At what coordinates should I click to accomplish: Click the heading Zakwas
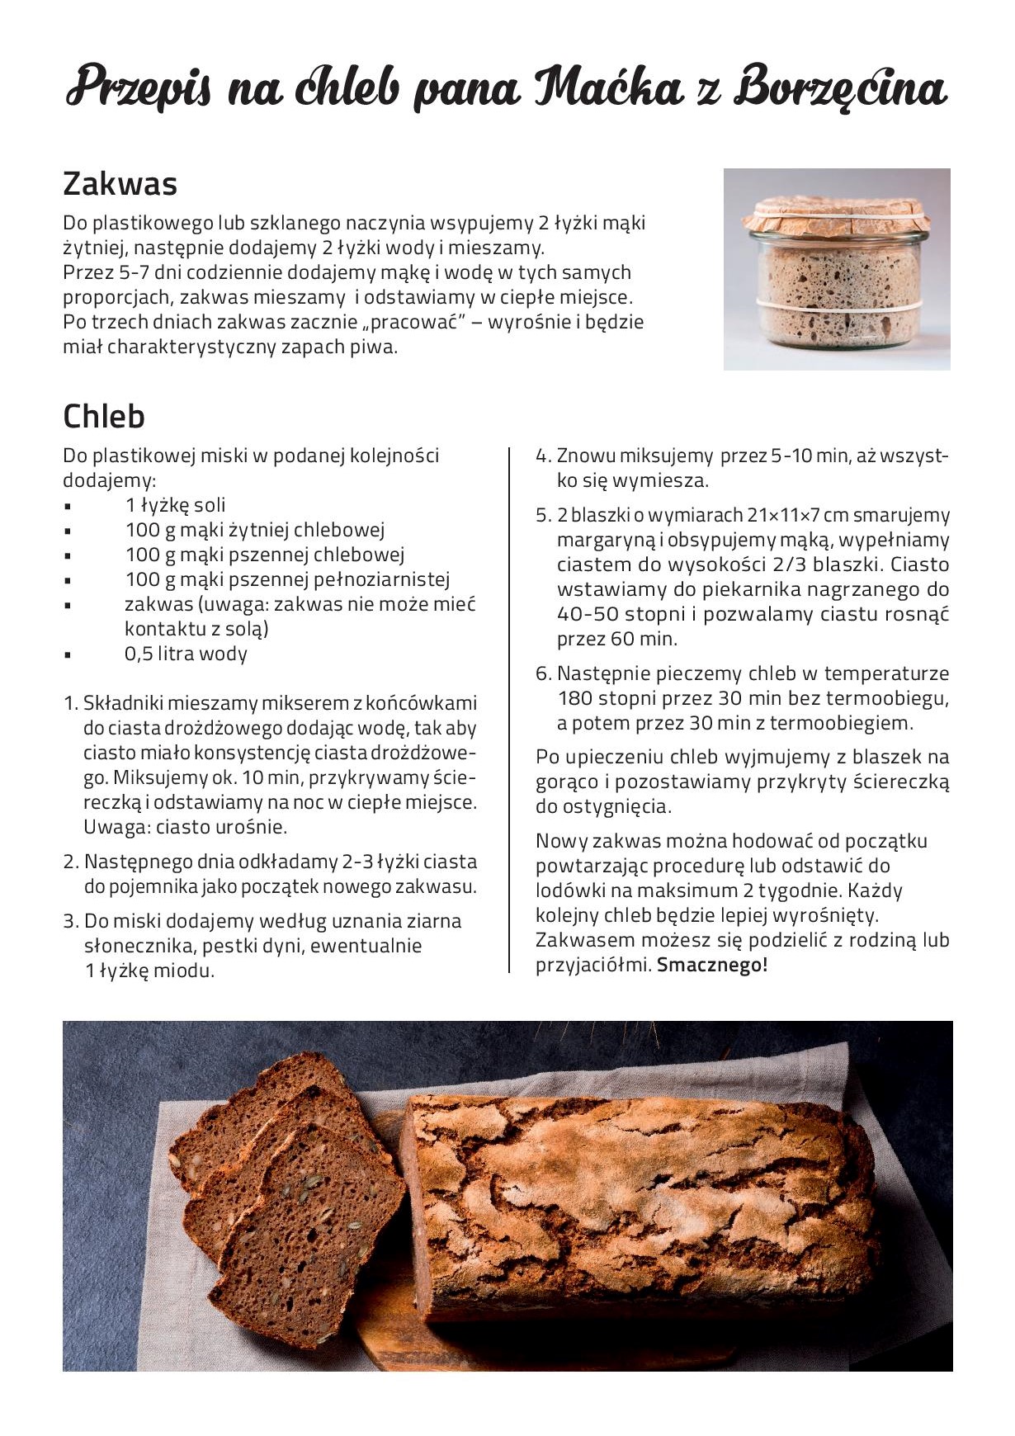pos(120,183)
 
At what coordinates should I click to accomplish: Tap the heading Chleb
pos(104,417)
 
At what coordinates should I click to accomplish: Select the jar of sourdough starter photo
pos(837,269)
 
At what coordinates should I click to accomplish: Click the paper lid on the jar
pos(836,215)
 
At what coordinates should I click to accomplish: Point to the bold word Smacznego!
pos(712,965)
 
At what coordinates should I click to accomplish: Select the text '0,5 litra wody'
pos(186,654)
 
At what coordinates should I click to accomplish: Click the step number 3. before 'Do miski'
pos(71,921)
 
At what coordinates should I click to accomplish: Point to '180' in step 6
pos(574,698)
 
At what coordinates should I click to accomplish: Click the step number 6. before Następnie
pos(543,673)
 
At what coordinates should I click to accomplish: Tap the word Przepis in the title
pos(139,87)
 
